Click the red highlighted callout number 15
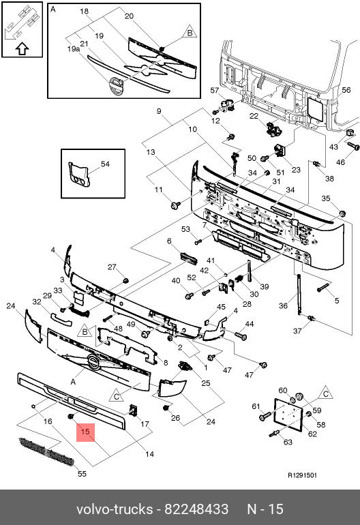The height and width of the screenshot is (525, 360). pyautogui.click(x=85, y=432)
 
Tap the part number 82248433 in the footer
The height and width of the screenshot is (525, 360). pyautogui.click(x=196, y=509)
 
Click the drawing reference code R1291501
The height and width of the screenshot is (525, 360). pyautogui.click(x=303, y=475)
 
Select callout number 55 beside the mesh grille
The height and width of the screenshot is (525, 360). pyautogui.click(x=82, y=474)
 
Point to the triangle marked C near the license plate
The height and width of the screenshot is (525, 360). pyautogui.click(x=325, y=393)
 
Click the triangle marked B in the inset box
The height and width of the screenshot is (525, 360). pyautogui.click(x=190, y=32)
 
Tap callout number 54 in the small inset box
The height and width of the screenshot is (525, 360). pyautogui.click(x=105, y=164)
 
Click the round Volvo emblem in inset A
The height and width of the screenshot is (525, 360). pyautogui.click(x=116, y=87)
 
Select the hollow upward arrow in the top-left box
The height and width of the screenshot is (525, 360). pyautogui.click(x=22, y=49)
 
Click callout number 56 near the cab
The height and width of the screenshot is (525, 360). pyautogui.click(x=346, y=90)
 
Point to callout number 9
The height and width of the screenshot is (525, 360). pyautogui.click(x=159, y=111)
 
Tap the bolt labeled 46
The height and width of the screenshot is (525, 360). pyautogui.click(x=353, y=147)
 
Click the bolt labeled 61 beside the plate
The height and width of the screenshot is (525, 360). pyautogui.click(x=265, y=417)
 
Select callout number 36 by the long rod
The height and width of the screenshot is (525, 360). pyautogui.click(x=284, y=305)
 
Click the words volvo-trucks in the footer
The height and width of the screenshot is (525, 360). pyautogui.click(x=115, y=509)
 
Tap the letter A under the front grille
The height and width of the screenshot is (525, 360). pyautogui.click(x=74, y=382)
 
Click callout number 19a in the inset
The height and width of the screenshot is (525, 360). pyautogui.click(x=74, y=49)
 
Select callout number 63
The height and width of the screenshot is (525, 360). pyautogui.click(x=288, y=442)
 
